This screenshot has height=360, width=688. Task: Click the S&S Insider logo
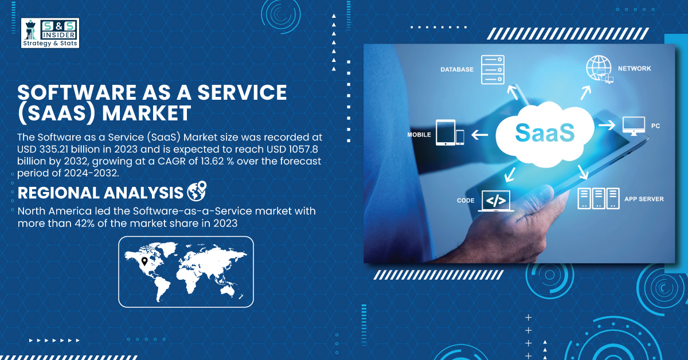pyautogui.click(x=50, y=33)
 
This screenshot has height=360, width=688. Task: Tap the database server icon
pyautogui.click(x=492, y=70)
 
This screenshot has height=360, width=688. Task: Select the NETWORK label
pyautogui.click(x=634, y=68)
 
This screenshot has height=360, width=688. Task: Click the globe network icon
pyautogui.click(x=599, y=69)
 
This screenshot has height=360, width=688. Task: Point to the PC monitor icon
pyautogui.click(x=634, y=126)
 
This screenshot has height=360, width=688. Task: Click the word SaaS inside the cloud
pyautogui.click(x=545, y=132)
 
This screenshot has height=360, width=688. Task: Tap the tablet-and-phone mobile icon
pyautogui.click(x=449, y=132)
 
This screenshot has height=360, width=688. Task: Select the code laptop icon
pyautogui.click(x=496, y=201)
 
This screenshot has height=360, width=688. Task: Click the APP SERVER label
pyautogui.click(x=644, y=199)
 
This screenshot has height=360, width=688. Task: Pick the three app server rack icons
pyautogui.click(x=599, y=198)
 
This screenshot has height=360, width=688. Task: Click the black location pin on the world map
pyautogui.click(x=144, y=261)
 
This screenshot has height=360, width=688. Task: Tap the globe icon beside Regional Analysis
pyautogui.click(x=197, y=191)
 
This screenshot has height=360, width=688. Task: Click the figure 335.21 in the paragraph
pyautogui.click(x=54, y=149)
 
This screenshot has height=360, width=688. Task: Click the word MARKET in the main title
pyautogui.click(x=147, y=113)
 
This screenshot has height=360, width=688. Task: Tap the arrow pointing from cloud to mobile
pyautogui.click(x=479, y=135)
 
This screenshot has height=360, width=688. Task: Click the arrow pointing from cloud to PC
pyautogui.click(x=607, y=125)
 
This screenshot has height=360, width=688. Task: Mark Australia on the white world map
pyautogui.click(x=229, y=289)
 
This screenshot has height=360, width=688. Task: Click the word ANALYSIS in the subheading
pyautogui.click(x=143, y=193)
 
